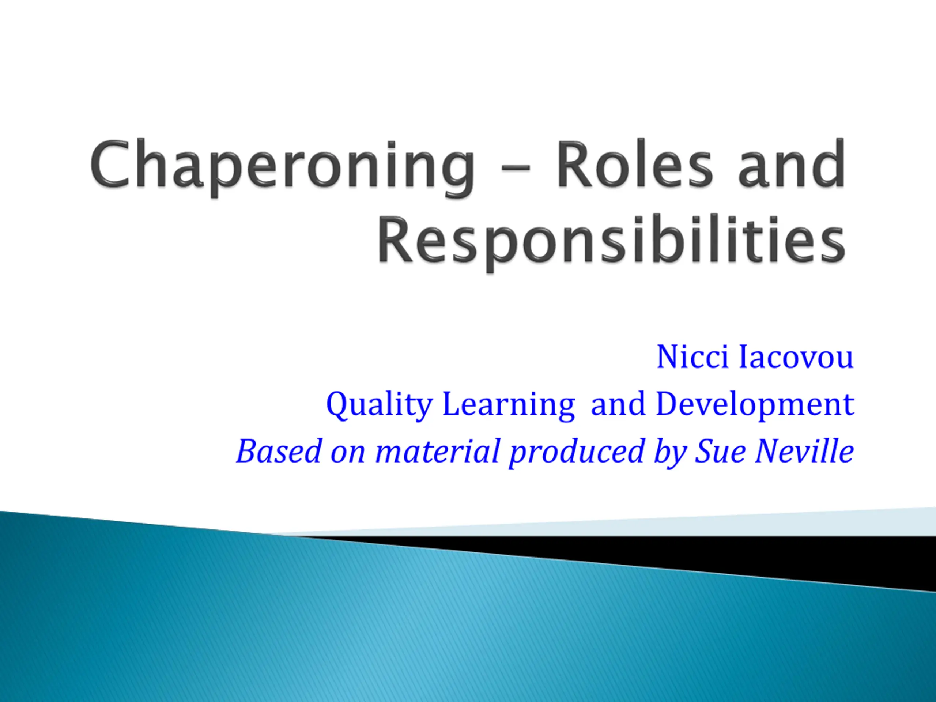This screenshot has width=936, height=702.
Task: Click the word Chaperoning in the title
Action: coord(283,167)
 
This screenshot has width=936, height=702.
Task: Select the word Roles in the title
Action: coord(635,164)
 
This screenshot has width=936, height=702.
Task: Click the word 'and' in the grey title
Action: coord(792,164)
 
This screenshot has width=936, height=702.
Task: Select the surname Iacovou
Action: coord(796,358)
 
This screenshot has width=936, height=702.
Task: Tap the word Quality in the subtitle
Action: coord(379,405)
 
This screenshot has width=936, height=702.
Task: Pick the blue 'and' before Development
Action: coord(618,404)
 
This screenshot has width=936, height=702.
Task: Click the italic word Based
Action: coord(279,451)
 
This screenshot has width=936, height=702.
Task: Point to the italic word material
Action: coord(438,451)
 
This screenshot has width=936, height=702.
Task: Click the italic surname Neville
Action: coord(804,451)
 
